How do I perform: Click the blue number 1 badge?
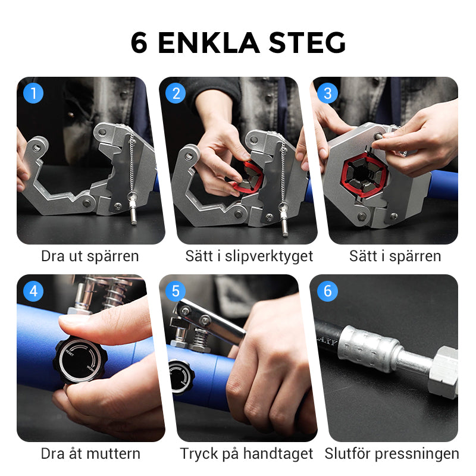tap(33, 93)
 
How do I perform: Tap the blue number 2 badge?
tap(176, 93)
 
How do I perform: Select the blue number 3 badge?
tap(327, 93)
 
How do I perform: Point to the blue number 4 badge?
tap(33, 291)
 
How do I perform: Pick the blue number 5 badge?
tap(176, 291)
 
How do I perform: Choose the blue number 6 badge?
tap(327, 291)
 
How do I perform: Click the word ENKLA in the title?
tap(209, 43)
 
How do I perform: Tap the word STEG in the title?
tap(307, 43)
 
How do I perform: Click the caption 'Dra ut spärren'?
tap(90, 256)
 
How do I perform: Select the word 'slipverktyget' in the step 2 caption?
tap(269, 256)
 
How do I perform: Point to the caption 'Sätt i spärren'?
tap(395, 256)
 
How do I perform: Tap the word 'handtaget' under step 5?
tap(278, 455)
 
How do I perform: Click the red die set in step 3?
tap(364, 175)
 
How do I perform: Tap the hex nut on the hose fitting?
tap(444, 372)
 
